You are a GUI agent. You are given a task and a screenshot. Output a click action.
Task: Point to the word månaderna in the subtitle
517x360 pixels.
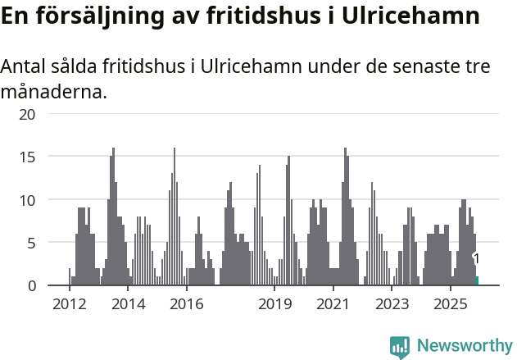click(54, 91)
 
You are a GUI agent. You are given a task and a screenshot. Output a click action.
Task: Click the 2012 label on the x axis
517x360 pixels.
click(69, 304)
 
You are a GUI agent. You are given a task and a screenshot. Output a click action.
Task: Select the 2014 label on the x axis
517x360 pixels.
click(128, 304)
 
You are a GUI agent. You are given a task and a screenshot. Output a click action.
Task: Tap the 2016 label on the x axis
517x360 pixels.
click(187, 304)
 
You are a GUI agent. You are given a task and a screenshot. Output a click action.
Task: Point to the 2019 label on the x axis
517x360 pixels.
click(274, 304)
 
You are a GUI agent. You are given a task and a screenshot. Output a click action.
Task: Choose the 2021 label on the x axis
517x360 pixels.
click(333, 304)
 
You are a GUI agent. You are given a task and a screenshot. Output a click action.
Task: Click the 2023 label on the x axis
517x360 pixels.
click(392, 304)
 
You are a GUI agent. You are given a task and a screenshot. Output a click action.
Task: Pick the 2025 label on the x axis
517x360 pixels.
click(451, 304)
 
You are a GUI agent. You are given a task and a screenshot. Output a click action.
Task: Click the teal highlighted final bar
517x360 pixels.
click(477, 281)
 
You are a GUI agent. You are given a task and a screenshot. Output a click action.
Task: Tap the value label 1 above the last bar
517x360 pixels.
click(476, 259)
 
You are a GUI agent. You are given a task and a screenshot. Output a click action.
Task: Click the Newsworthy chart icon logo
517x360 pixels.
click(400, 346)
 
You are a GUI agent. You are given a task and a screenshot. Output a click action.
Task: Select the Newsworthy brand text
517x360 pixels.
click(465, 346)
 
